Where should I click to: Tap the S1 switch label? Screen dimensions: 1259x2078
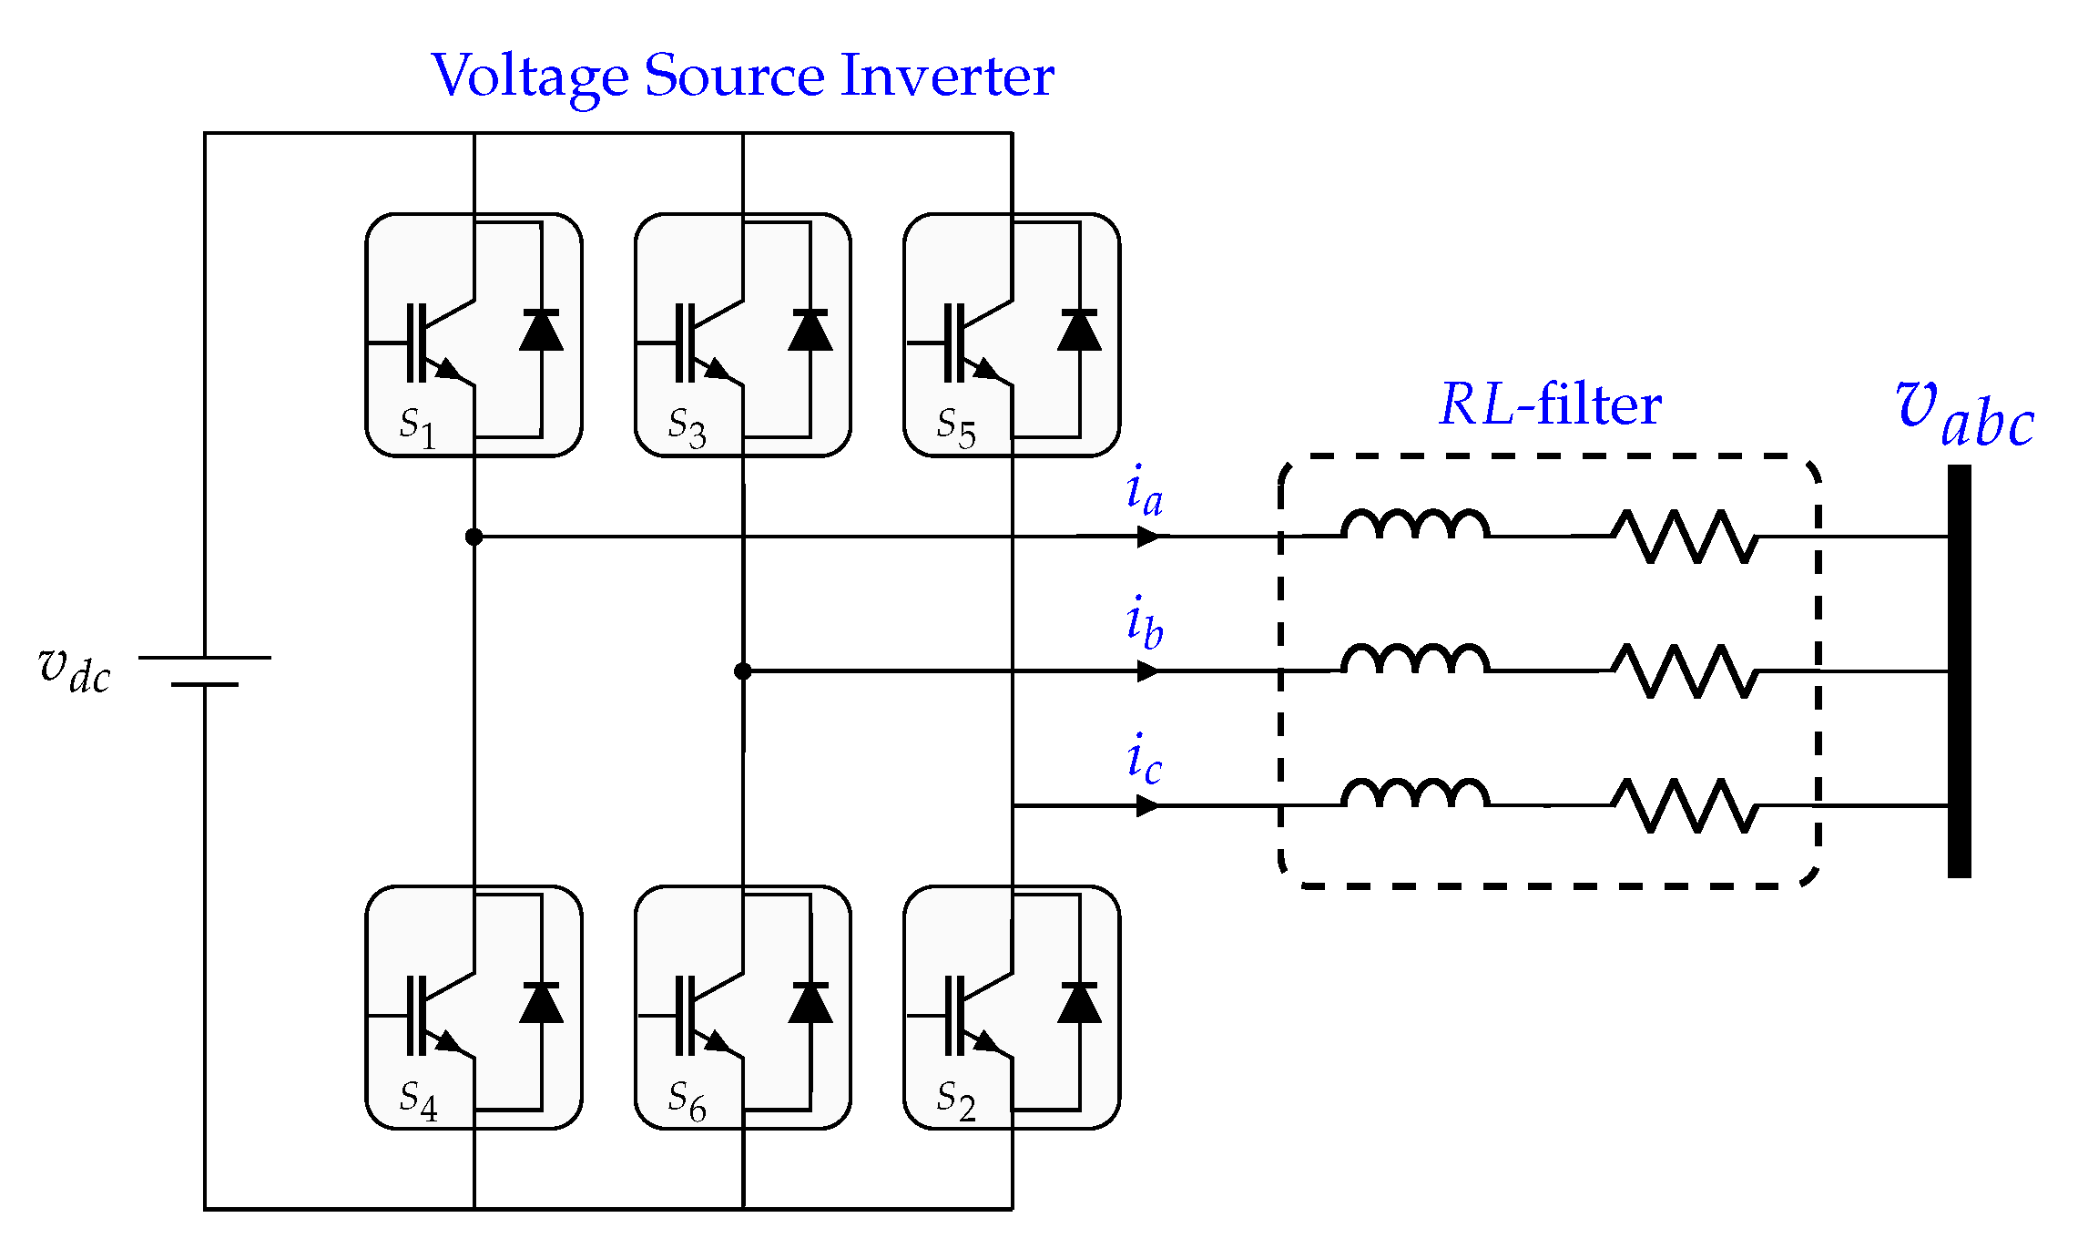tap(418, 425)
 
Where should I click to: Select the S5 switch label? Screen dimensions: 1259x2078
tap(956, 425)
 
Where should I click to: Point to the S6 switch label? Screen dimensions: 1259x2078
tap(687, 1100)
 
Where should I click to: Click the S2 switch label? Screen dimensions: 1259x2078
tap(956, 1100)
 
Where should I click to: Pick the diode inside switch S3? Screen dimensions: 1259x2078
tap(810, 331)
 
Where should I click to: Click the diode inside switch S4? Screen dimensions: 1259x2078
tap(541, 1002)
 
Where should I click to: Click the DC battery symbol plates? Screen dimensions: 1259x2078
tap(205, 670)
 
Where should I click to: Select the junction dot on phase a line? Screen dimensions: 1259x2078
tap(474, 537)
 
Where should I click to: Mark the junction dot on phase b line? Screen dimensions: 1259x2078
tap(743, 671)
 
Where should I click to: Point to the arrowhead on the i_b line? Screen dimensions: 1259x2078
tap(1149, 671)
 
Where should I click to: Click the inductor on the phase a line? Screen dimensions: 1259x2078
tap(1415, 525)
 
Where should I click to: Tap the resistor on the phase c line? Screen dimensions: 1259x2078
tap(1685, 805)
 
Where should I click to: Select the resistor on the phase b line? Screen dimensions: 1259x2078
tap(1685, 671)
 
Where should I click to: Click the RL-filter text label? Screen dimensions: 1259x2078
tap(1550, 404)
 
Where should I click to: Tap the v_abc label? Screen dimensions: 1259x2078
tap(1964, 415)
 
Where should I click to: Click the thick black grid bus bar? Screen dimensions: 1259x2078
tap(1960, 671)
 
